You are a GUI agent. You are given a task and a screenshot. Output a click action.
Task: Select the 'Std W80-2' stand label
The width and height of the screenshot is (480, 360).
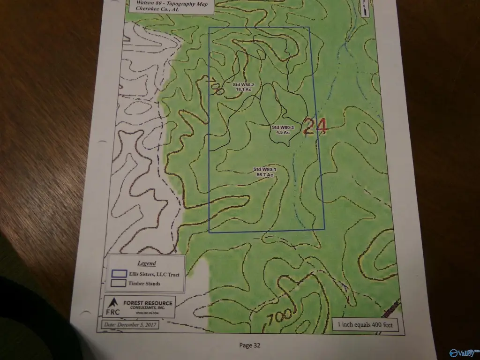coord(243,84)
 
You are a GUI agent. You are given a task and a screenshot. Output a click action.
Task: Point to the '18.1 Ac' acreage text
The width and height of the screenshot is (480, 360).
coord(244,89)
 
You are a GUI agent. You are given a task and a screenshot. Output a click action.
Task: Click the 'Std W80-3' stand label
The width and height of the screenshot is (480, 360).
coord(283,127)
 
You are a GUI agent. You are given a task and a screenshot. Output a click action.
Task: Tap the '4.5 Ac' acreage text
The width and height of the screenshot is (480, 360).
coord(283,133)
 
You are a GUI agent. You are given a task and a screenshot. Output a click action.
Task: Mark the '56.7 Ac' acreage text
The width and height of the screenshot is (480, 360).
coord(265,174)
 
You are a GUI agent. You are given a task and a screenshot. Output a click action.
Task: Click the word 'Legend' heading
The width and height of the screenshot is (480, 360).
coord(147,263)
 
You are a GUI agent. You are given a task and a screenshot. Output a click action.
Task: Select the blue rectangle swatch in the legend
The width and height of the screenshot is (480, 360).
coord(120,274)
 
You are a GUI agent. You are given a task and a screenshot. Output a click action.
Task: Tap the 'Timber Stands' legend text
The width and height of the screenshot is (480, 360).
coord(144,284)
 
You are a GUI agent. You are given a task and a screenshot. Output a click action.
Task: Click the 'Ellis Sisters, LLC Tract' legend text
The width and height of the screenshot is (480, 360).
coord(155,274)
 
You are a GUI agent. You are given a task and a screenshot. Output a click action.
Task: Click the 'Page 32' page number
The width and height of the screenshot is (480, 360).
coord(249,345)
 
